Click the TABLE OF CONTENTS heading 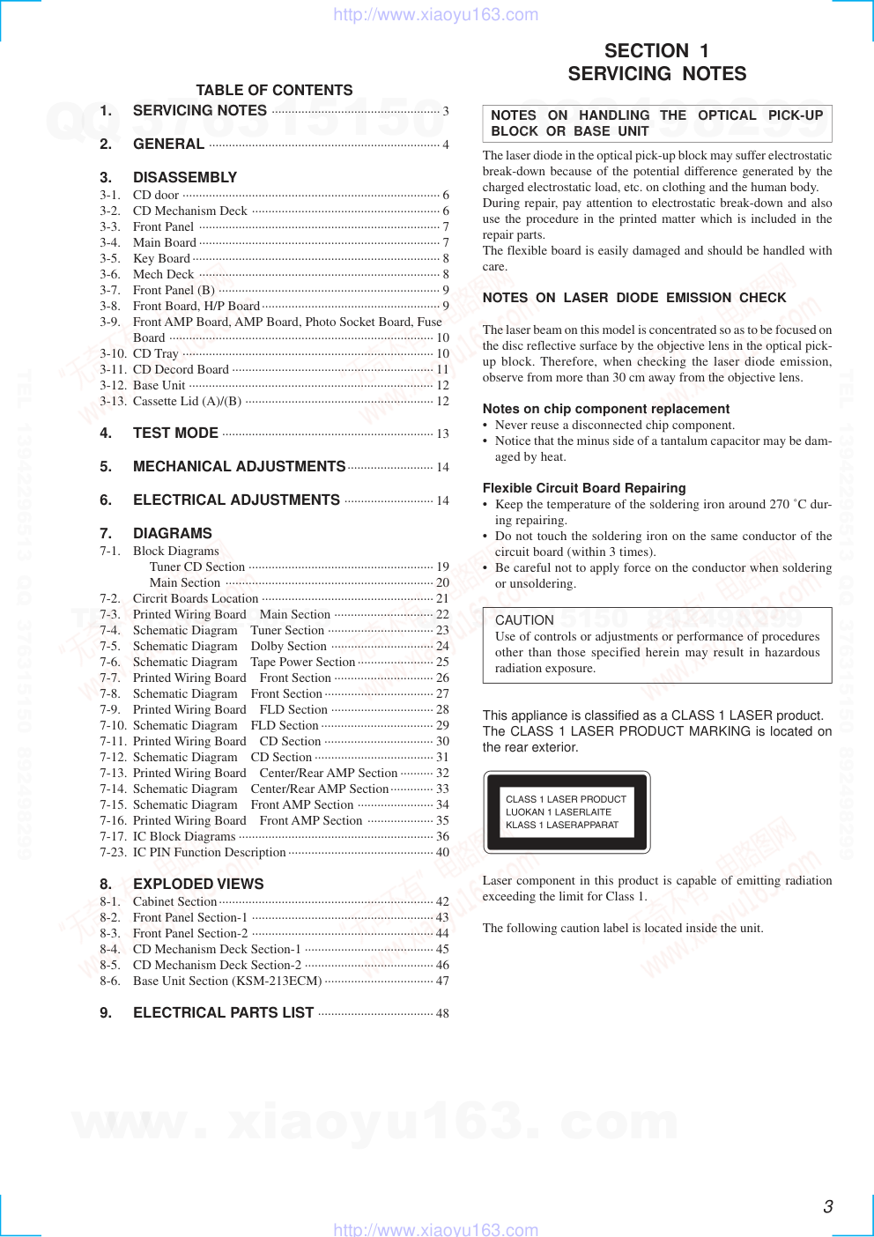click(274, 90)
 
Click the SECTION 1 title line click(656, 51)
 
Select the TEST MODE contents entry click(175, 433)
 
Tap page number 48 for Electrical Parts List click(442, 1014)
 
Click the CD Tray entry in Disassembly click(156, 353)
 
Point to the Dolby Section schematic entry click(288, 646)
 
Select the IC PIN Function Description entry click(210, 852)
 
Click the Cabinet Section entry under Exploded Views click(174, 901)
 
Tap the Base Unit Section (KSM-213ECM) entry click(227, 981)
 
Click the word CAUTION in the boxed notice click(524, 620)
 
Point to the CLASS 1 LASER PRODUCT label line click(566, 799)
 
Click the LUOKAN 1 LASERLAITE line click(559, 812)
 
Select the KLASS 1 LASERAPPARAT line click(562, 826)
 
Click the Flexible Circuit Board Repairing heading click(584, 488)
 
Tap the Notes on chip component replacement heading click(606, 409)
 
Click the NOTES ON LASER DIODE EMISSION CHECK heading click(634, 298)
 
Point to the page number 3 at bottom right click(828, 1207)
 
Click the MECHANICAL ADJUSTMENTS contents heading click(239, 466)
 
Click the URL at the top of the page click(435, 14)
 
